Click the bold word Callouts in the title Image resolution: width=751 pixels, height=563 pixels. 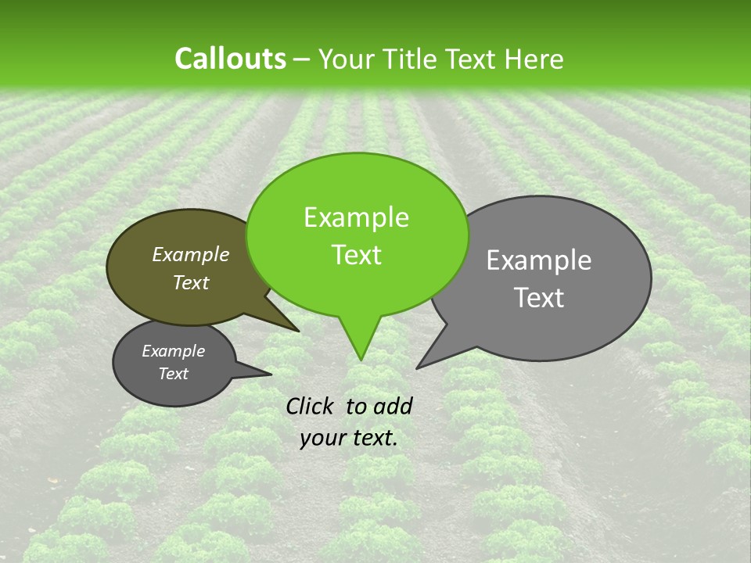(230, 59)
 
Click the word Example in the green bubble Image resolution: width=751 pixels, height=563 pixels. (356, 217)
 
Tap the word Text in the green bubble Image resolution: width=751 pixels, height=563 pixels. (356, 255)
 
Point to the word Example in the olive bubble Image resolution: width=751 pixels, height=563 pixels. (190, 254)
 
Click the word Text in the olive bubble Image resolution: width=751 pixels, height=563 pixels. (190, 283)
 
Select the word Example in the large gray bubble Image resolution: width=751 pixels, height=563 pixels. (539, 260)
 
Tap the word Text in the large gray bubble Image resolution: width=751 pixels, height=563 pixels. (539, 298)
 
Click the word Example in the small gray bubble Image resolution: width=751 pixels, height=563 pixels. (173, 351)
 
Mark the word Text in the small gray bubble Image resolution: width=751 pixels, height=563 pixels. (173, 374)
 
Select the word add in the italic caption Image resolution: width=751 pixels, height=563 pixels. (392, 406)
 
